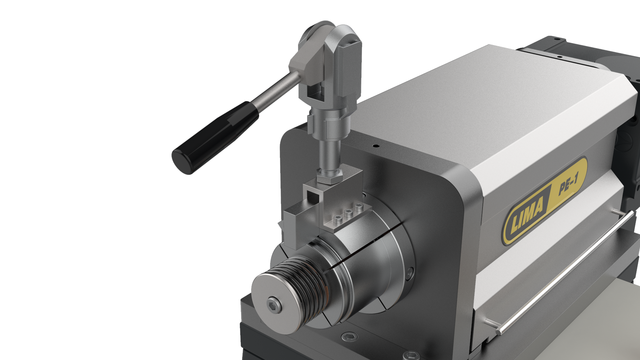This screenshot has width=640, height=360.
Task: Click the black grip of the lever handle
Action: pos(215,137)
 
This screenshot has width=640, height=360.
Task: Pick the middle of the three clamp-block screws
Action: pos(349,213)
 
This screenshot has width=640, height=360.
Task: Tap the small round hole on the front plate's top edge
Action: pos(376,146)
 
